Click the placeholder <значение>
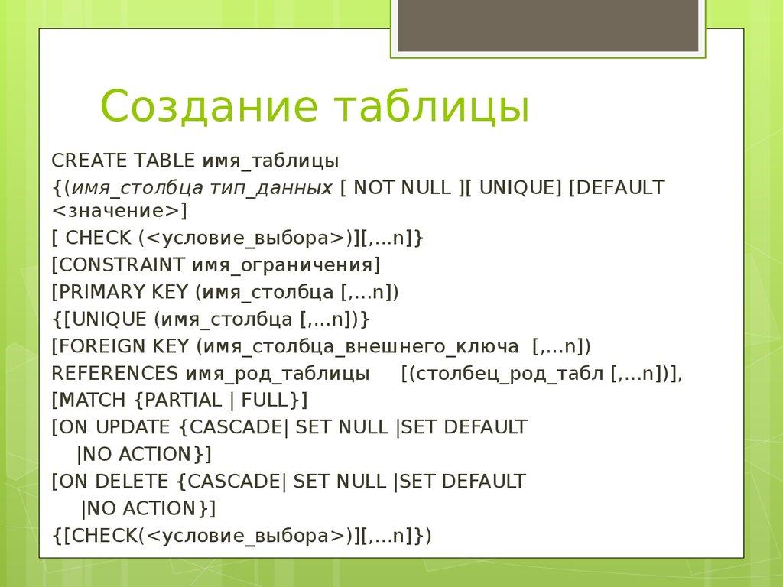116,210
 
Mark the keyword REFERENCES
115,374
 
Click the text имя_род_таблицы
278,375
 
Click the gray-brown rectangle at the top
547,27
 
